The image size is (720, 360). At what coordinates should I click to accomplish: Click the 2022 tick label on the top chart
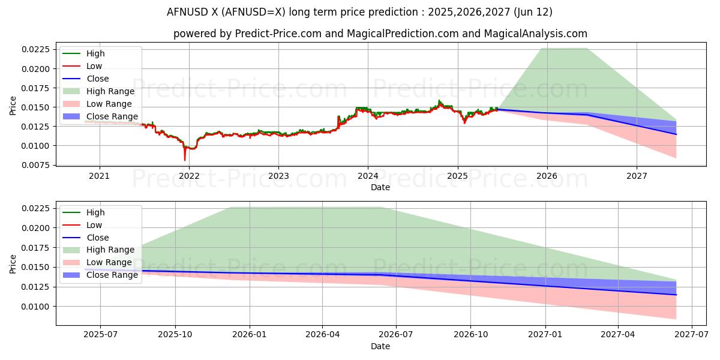pyautogui.click(x=189, y=176)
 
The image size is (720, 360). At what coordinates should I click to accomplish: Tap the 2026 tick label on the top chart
pyautogui.click(x=547, y=176)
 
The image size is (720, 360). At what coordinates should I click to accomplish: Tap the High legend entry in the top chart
pyautogui.click(x=95, y=53)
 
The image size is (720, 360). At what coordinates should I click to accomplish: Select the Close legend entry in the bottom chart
pyautogui.click(x=97, y=238)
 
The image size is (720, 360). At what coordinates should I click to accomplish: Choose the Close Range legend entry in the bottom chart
pyautogui.click(x=112, y=275)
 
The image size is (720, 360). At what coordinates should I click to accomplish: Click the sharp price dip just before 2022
pyautogui.click(x=185, y=160)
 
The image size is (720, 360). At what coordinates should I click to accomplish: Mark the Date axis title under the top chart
pyautogui.click(x=380, y=187)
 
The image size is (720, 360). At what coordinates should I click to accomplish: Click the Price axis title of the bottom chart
pyautogui.click(x=13, y=263)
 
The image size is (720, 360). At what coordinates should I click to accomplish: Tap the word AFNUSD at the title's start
pyautogui.click(x=188, y=12)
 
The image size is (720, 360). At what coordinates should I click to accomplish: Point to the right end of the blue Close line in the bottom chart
pyautogui.click(x=676, y=295)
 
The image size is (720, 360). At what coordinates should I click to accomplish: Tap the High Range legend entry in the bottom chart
pyautogui.click(x=110, y=250)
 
